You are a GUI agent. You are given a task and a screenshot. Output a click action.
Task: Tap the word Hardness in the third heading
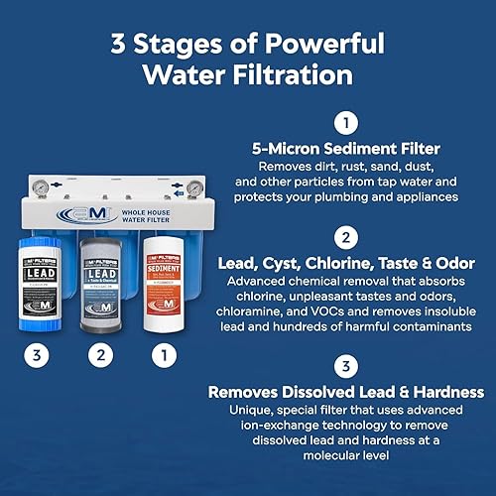(435, 390)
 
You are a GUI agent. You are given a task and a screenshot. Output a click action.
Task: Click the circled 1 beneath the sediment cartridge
(166, 350)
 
